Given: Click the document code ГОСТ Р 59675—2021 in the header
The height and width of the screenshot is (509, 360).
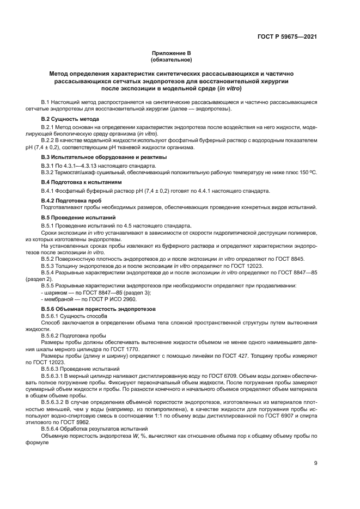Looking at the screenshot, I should pyautogui.click(x=286, y=37).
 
